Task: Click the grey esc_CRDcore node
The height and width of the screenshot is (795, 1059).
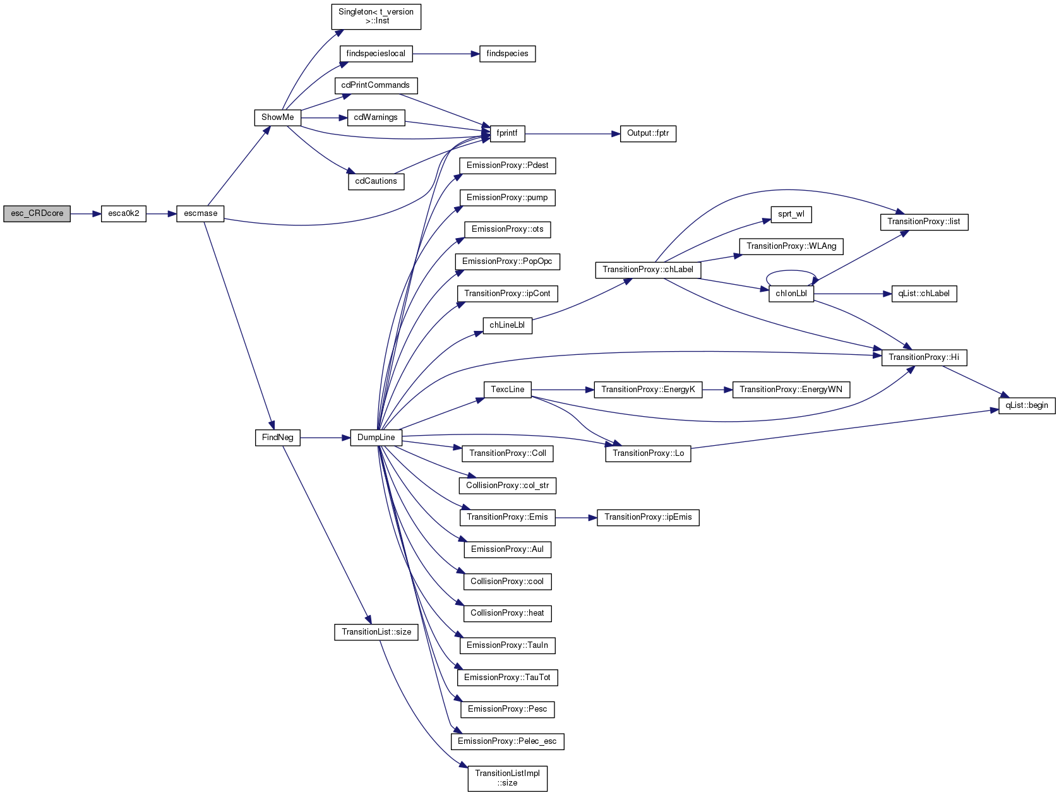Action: coord(37,213)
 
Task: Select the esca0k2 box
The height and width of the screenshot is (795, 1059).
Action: coord(124,213)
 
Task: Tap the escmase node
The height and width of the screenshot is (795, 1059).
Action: coord(200,213)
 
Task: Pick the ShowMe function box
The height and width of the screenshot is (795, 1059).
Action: coord(277,117)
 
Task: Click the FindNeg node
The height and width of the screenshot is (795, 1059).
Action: coord(277,438)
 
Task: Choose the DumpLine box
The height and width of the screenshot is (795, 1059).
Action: coord(376,438)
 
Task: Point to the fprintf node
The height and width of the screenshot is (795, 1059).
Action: coord(507,134)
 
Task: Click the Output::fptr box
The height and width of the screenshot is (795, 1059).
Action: coord(648,134)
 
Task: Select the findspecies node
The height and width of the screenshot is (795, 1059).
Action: coord(507,54)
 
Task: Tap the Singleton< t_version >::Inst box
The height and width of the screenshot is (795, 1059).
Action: coord(376,17)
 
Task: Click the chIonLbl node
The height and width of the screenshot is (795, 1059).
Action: coord(791,294)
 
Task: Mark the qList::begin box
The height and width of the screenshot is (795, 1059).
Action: coord(1027,405)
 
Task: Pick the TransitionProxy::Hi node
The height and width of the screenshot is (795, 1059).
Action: coord(924,357)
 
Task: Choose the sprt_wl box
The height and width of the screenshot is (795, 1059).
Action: coord(791,214)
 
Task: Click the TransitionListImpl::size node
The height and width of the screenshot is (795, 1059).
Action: coord(507,778)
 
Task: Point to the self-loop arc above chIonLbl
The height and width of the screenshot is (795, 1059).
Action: coord(791,271)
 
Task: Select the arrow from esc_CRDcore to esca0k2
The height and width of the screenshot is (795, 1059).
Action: coord(86,213)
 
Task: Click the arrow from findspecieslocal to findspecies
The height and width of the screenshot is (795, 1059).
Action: coord(446,54)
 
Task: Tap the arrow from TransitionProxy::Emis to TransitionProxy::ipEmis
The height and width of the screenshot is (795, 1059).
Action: coord(576,518)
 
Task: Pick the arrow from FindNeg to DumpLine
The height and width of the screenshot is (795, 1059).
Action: coord(325,438)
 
